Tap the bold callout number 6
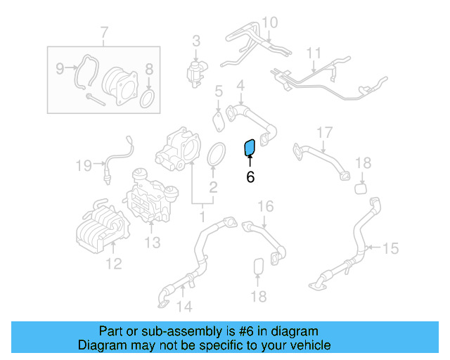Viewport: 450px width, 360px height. pos(250,177)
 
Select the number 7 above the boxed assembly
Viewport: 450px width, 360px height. pos(105,32)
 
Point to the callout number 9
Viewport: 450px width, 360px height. pos(60,68)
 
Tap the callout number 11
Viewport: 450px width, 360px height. pos(313,53)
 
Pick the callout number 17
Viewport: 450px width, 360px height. pos(323,133)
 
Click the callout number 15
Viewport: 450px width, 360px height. pos(390,248)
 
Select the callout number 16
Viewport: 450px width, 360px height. pos(265,207)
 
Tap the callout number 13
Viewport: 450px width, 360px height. pos(153,243)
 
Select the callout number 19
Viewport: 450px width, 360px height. pos(84,166)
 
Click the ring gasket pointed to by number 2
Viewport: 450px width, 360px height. pos(217,155)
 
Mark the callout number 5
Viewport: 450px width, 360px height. pos(219,91)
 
